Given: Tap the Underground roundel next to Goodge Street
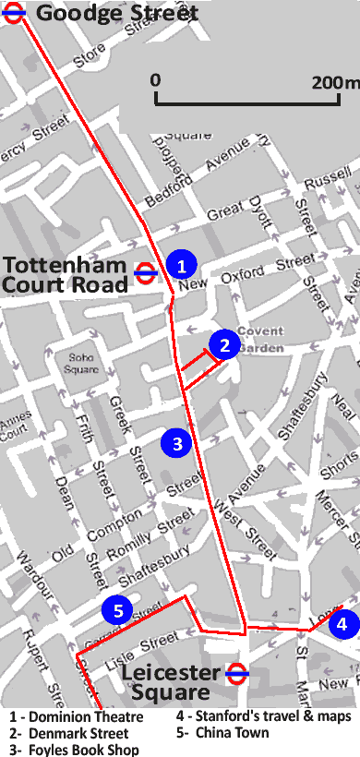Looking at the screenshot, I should pos(17,13).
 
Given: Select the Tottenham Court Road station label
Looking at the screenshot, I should pos(65,274).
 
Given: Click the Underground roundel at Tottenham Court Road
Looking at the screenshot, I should pos(145,271).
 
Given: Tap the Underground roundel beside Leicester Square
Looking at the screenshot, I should pos(236,673).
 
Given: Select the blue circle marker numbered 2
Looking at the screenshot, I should pos(224,344).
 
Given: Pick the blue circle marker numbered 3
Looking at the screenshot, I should pos(176,442).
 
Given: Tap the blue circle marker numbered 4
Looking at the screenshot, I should pos(342,624).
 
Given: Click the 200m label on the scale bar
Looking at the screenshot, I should pos(334,82).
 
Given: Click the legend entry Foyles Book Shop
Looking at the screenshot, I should pos(75,750).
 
